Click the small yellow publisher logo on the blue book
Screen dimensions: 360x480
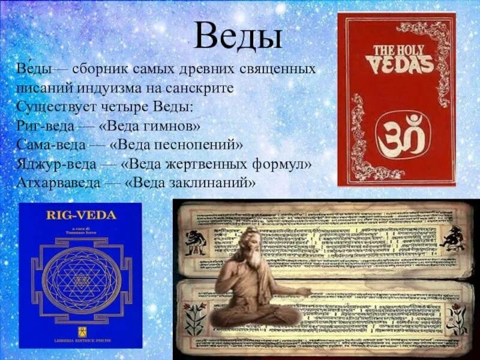click(x=80, y=332)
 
